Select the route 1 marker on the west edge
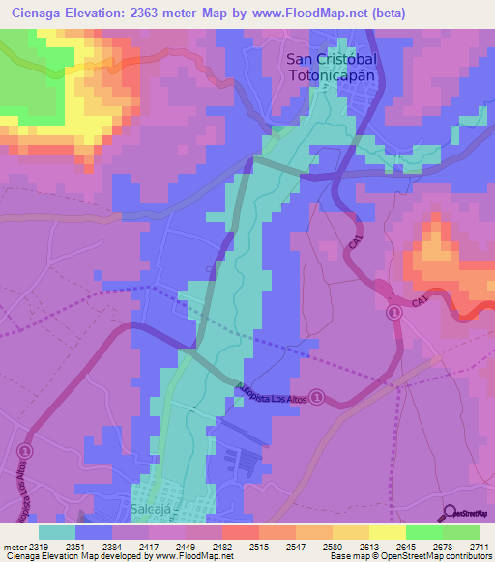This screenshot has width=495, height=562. pos(24,451)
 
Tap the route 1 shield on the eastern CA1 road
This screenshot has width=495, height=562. pos(394,313)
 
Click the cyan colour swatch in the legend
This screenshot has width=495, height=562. pos(57,531)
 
